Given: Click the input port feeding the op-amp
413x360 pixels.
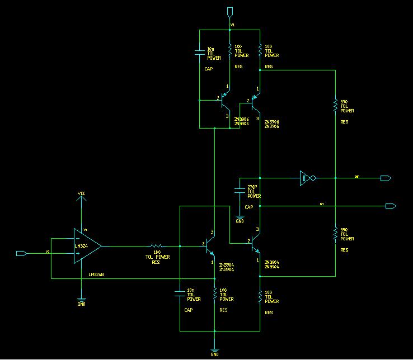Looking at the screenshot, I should pos(21,253).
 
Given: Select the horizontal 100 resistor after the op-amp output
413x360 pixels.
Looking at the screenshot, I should pos(157,245).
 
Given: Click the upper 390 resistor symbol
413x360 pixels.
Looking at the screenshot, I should pos(335,105).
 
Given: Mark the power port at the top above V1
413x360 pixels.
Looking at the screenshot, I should pos(230,11).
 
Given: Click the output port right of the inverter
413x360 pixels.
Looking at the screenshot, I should pos(385,178).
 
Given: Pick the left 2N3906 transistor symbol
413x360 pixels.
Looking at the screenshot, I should pos(224,101).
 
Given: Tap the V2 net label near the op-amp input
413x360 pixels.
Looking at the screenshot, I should pos(48,252).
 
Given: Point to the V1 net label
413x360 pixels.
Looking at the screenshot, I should pos(233,26).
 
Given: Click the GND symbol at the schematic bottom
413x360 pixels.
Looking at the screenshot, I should pos(214,352).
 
